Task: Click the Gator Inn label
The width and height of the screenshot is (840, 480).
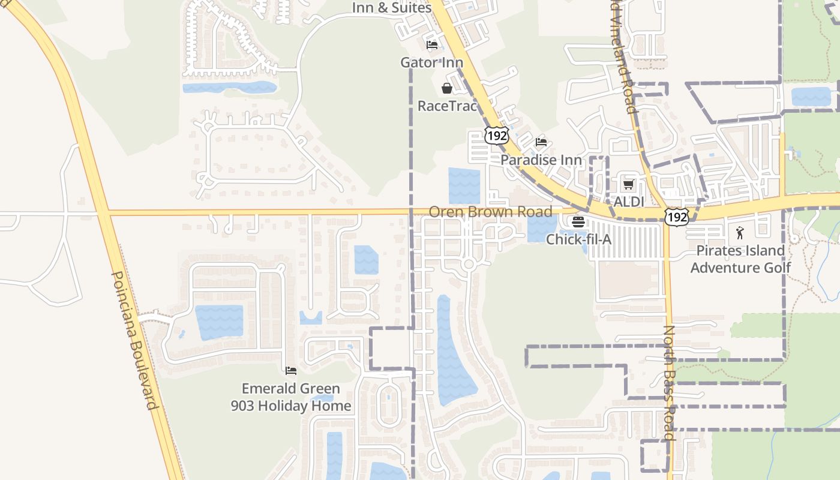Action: point(431,62)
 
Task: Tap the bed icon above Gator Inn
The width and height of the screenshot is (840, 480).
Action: point(431,44)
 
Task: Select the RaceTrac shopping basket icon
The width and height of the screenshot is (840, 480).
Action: point(447,89)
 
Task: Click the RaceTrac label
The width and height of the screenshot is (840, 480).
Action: point(447,106)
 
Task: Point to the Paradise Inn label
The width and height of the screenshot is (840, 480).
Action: point(541,160)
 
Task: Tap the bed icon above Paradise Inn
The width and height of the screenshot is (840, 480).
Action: point(541,142)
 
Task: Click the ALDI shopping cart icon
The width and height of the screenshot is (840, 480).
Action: point(628,184)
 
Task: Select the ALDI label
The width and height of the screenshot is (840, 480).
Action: point(628,202)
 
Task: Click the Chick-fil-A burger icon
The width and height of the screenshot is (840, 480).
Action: point(578,221)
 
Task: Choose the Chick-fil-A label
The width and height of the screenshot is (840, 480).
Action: point(578,239)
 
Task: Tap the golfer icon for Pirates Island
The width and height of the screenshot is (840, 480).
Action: point(740,233)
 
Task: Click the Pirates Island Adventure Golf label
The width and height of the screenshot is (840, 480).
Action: point(740,259)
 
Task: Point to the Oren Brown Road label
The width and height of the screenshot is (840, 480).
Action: point(490,212)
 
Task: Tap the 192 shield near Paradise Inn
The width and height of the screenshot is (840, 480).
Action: point(497,136)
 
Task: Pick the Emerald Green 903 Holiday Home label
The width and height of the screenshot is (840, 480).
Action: point(291,397)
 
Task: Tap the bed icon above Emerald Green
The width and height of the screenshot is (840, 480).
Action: point(291,370)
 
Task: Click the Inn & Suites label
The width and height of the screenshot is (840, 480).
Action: point(391,8)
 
